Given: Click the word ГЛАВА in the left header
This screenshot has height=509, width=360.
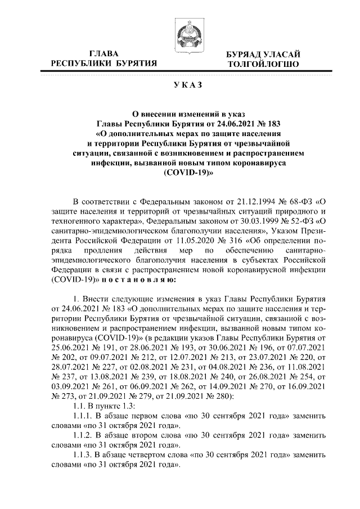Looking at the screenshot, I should (104, 53).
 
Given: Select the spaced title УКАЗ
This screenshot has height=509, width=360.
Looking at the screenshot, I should (179, 85).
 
